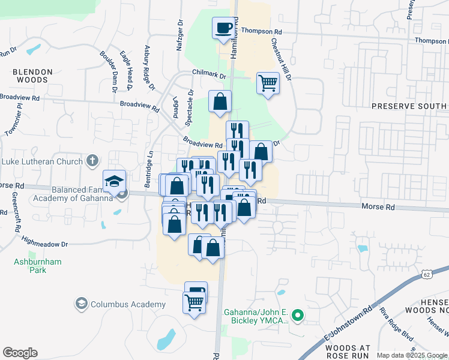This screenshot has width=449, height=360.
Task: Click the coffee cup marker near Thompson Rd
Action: [x=223, y=28]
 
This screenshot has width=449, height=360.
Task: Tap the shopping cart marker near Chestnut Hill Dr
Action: [x=268, y=83]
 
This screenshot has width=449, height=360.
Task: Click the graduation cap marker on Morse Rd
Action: [x=114, y=181]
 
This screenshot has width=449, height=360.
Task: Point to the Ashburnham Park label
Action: [x=30, y=266]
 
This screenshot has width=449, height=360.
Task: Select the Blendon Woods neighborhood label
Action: [x=33, y=76]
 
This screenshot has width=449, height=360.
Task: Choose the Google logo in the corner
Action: [x=20, y=353]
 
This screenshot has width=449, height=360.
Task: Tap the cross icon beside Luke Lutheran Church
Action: [x=92, y=161]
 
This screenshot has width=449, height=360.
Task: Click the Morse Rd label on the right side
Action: [x=378, y=206]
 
